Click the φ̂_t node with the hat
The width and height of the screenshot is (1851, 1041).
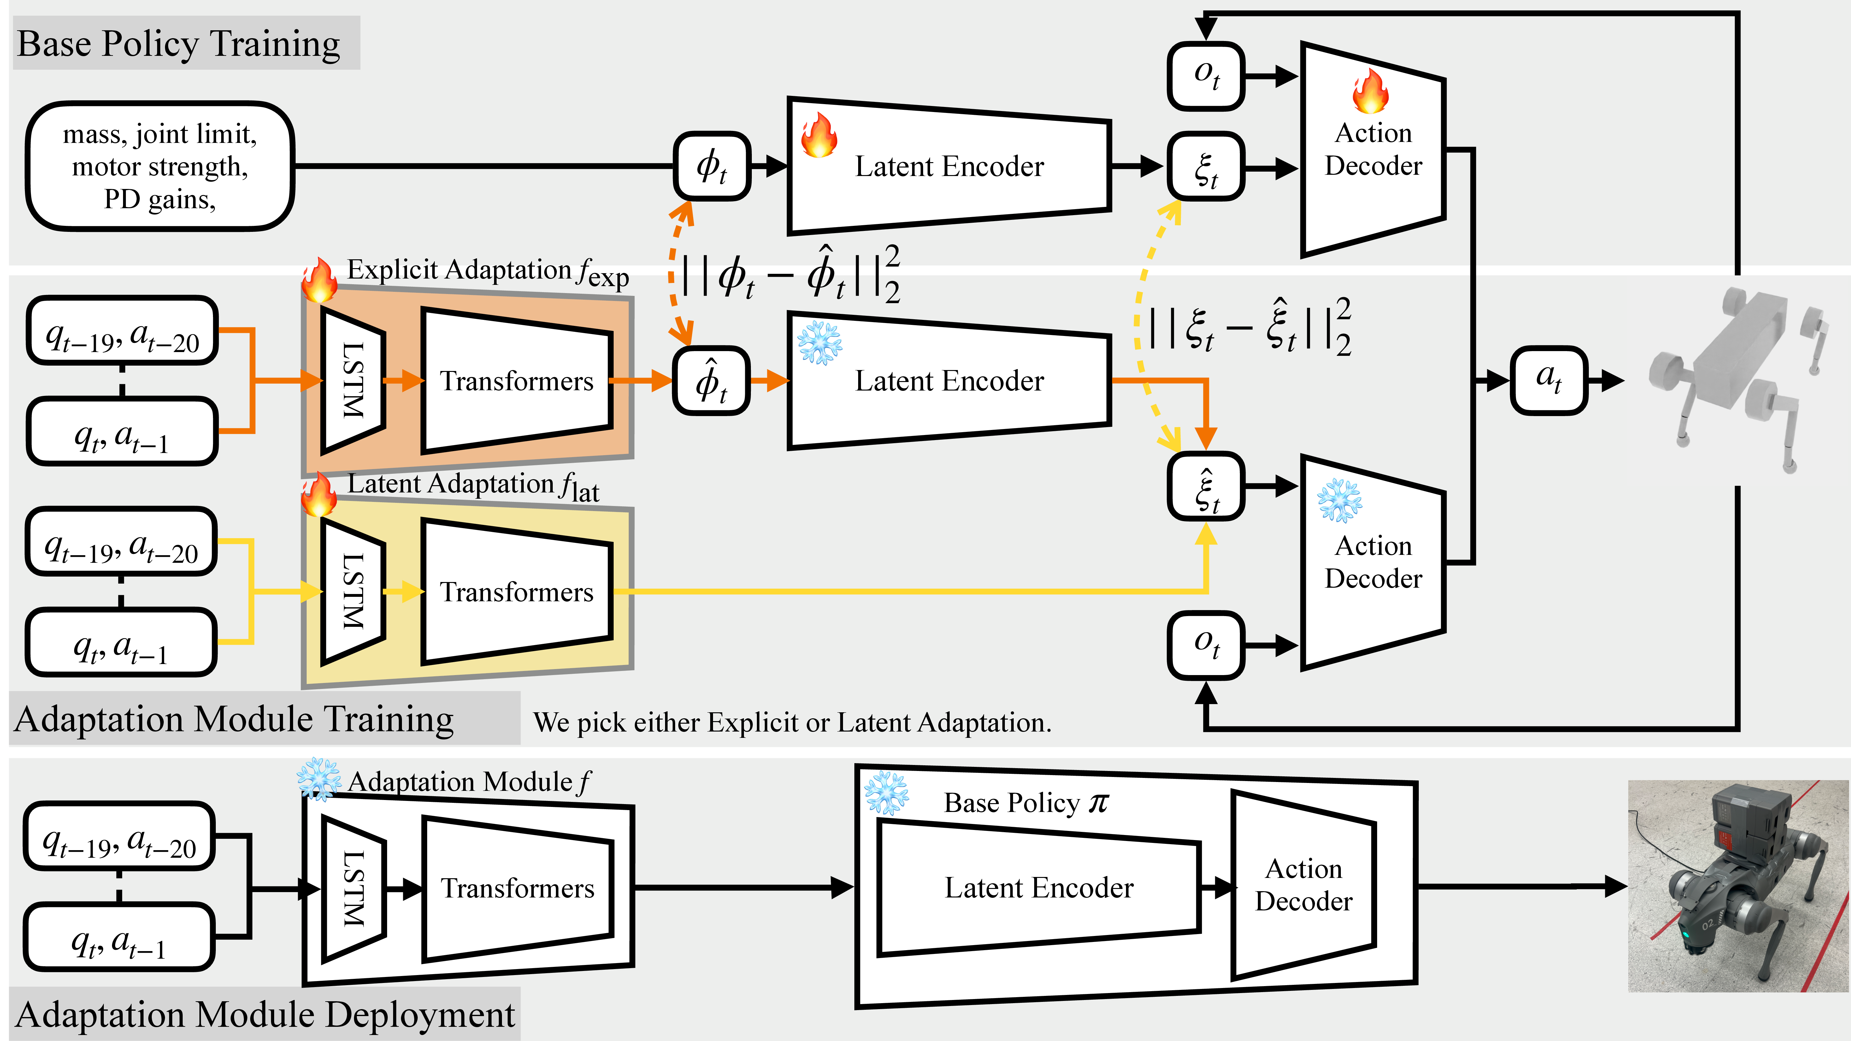click(x=711, y=381)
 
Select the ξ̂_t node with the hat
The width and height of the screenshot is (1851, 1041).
click(x=1206, y=486)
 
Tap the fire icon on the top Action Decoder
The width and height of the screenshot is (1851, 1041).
click(x=1370, y=91)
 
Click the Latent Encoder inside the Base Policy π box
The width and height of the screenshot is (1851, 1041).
click(x=1038, y=888)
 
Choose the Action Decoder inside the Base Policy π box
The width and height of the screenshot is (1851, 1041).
click(x=1303, y=885)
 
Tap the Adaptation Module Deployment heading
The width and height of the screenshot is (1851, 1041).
click(x=264, y=1015)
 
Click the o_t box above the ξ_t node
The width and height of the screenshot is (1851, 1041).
click(x=1206, y=75)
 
